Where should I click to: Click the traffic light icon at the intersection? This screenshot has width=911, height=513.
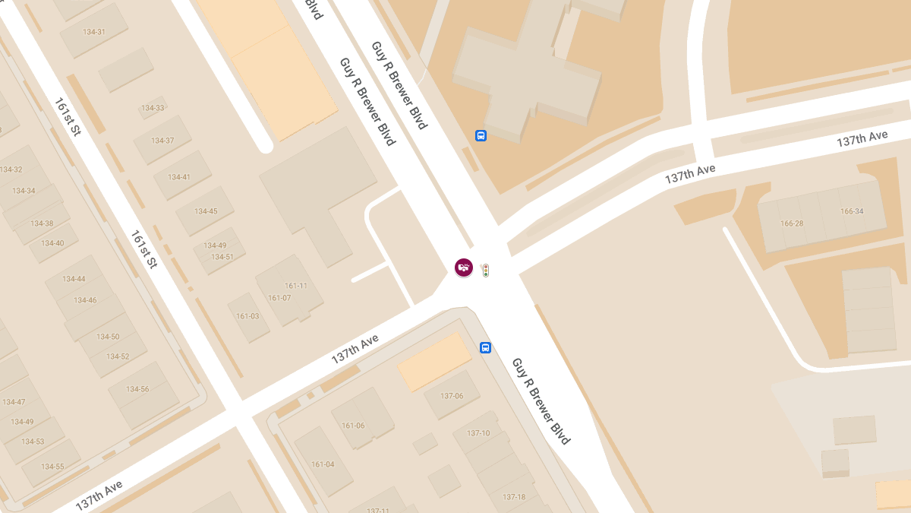485,270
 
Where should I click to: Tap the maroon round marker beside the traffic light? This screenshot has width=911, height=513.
464,268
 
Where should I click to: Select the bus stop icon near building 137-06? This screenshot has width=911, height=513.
485,347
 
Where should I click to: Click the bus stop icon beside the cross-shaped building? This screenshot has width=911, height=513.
481,135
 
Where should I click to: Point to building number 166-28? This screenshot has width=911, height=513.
792,223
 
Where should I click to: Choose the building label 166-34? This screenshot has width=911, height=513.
853,211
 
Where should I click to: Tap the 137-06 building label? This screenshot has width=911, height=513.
452,396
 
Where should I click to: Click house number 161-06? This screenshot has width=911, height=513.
353,426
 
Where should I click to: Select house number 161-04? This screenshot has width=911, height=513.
323,464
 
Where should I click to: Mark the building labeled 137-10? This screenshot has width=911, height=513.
478,433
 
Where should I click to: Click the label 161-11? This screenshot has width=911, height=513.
296,286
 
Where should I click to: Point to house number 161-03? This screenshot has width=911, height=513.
247,316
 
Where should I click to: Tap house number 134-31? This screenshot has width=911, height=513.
93,32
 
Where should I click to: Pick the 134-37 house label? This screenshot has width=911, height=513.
162,141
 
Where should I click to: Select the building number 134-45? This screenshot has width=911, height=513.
206,211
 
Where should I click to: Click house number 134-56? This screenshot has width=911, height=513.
137,389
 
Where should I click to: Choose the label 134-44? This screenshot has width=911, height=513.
74,279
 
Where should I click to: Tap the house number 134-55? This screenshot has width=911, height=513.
53,467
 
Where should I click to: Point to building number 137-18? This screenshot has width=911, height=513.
514,497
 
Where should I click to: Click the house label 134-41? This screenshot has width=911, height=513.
179,177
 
